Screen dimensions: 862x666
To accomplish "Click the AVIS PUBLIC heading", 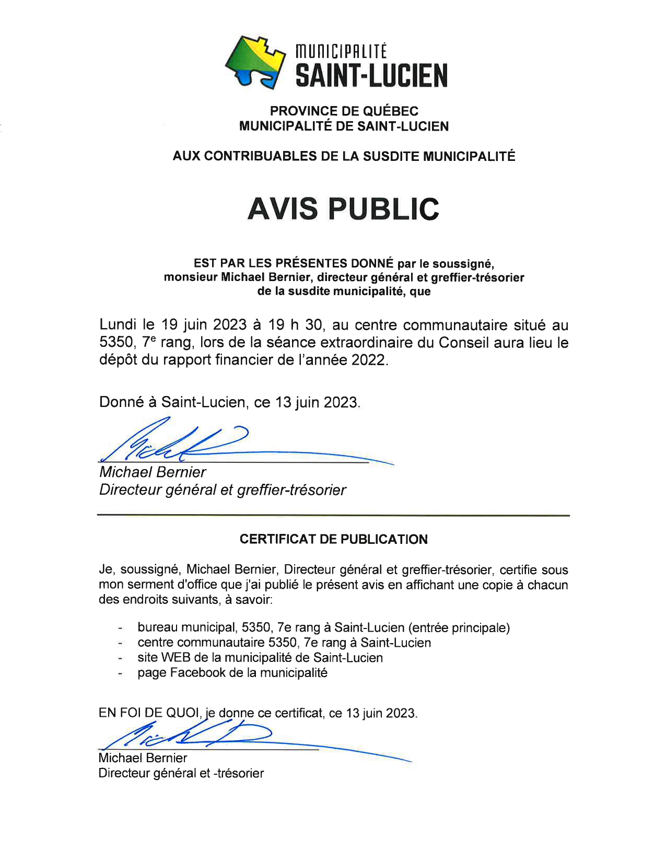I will point(343,208).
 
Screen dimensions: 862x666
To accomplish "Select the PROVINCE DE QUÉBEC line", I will point(344,111).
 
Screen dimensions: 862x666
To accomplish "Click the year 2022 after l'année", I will point(370,360).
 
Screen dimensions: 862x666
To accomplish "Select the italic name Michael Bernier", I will point(153,472).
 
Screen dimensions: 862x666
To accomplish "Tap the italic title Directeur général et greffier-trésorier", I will point(223,490).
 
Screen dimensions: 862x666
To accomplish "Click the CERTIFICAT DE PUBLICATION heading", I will point(333,539).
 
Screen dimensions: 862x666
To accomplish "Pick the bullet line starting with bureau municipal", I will point(323,627).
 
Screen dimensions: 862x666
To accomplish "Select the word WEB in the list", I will point(176,657).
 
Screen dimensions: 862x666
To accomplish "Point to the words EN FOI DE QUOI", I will point(149,713).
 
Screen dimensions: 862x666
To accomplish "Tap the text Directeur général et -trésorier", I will point(181,773).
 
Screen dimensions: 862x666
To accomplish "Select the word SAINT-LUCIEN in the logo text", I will point(371,76).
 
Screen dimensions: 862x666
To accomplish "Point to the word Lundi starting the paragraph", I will point(118,325).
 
